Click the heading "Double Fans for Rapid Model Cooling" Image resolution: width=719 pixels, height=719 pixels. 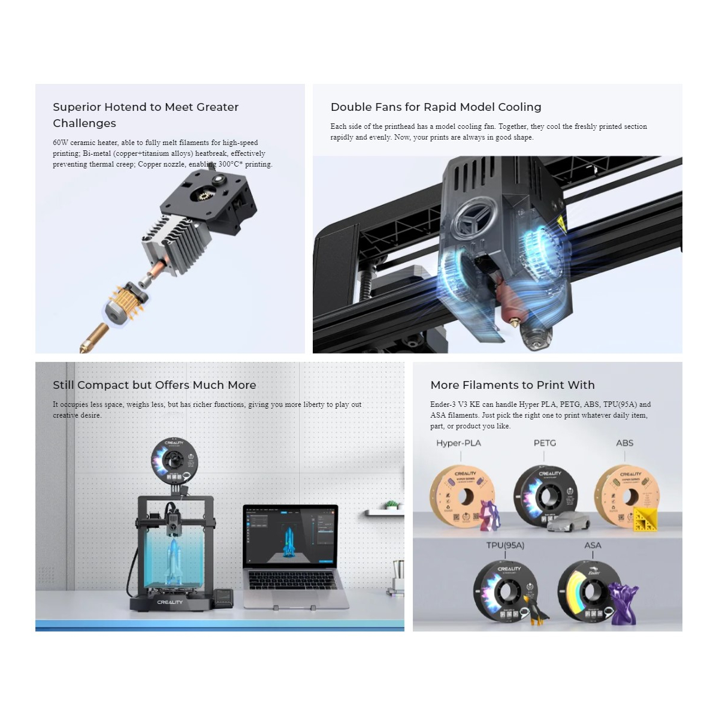tap(436, 107)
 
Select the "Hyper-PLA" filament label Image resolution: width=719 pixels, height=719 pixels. tap(458, 443)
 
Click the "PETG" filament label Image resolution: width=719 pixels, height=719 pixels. tap(545, 443)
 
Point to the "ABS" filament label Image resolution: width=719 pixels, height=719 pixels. tap(624, 443)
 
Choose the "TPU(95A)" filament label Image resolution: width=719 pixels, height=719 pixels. tap(505, 545)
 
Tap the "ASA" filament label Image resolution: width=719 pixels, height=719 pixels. tap(593, 545)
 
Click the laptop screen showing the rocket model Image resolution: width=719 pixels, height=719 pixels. tap(291, 536)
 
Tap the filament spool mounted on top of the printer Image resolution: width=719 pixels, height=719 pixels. tap(174, 461)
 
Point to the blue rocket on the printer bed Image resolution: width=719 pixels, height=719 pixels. tap(174, 560)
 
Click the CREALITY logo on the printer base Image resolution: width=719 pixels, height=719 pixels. tap(170, 602)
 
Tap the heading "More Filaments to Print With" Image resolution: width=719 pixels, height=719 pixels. tap(512, 385)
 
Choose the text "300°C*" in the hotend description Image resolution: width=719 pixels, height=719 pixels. tap(230, 164)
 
